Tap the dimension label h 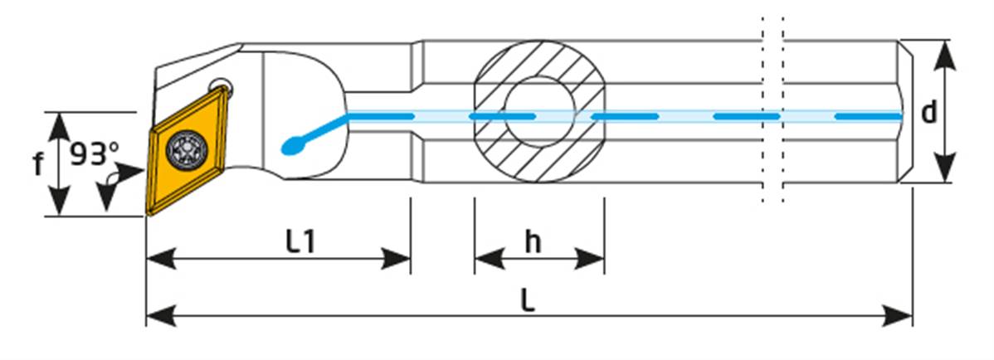[533, 241]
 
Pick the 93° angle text [93, 154]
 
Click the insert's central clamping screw [183, 148]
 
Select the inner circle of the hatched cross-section [539, 112]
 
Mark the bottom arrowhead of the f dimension [59, 204]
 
